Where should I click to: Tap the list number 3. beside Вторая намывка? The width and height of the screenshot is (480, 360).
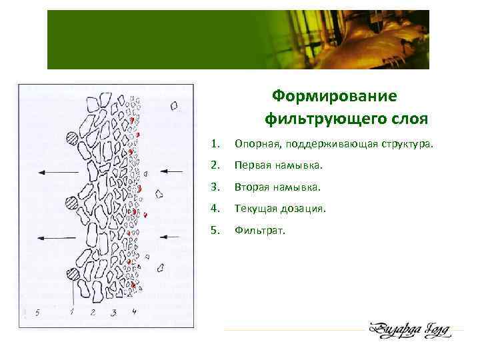point(213,187)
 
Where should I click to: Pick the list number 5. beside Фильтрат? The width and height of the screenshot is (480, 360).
point(213,231)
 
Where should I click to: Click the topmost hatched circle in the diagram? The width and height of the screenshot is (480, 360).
point(73,139)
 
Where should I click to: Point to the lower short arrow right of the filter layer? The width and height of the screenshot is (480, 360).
point(171,236)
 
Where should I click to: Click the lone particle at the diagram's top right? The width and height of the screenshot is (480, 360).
point(175,105)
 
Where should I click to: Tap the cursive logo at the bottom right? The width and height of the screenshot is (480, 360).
point(408,330)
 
